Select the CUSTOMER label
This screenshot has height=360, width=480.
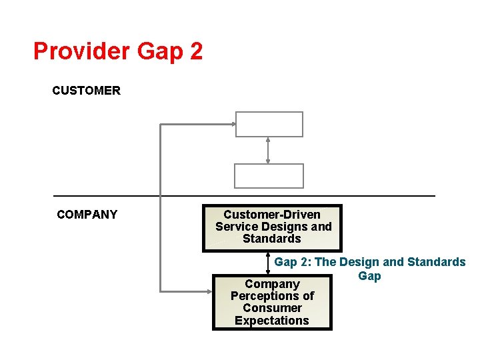point(86,91)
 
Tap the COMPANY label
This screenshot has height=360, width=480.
point(87,215)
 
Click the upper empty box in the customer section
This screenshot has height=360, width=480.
point(269,124)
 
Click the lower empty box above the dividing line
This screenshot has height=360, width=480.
point(269,176)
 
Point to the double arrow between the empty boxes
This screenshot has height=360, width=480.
point(268,150)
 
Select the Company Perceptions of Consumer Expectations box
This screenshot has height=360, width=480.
point(272,302)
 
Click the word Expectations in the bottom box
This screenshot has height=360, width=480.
point(272,321)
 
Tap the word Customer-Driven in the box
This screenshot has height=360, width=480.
point(272,215)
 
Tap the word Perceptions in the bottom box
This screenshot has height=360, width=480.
point(272,296)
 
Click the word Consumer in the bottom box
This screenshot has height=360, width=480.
point(272,308)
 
